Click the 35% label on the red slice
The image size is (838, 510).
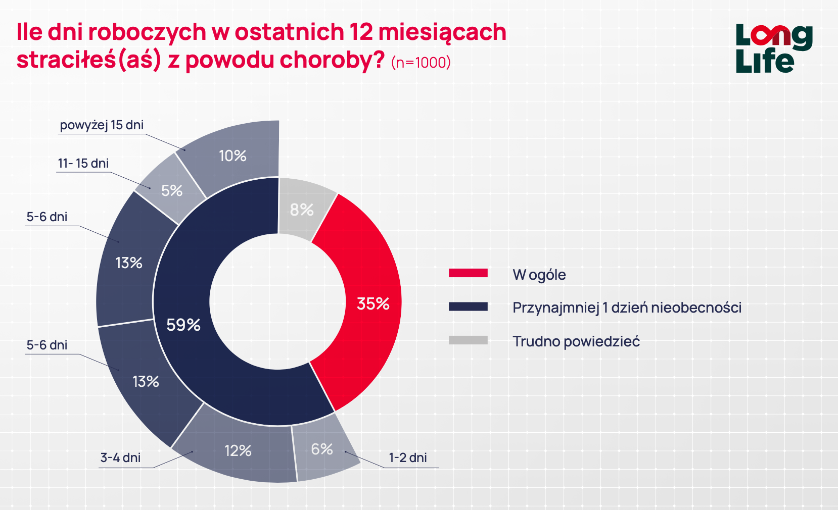coord(373,304)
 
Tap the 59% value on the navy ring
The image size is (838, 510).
coord(183,325)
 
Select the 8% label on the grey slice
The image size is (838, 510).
coord(302,210)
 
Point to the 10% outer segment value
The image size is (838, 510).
coord(232,156)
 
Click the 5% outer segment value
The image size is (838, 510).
coord(172,191)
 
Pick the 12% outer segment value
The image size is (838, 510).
coord(238,451)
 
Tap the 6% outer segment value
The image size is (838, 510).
coord(322,449)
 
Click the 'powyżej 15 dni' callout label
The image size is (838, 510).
coord(102,125)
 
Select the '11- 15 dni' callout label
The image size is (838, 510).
coord(83,163)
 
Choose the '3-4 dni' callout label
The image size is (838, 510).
coord(120,457)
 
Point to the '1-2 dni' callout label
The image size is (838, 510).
coord(408,457)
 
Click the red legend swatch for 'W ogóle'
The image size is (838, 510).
coord(468,273)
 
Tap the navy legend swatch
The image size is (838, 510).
coord(468,307)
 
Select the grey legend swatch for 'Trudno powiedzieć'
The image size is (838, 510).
coord(468,340)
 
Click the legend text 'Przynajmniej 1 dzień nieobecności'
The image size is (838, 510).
coord(627,308)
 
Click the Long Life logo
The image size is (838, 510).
coord(774,48)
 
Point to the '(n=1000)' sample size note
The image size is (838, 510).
coord(421,63)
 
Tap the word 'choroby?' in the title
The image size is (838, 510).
coord(332,60)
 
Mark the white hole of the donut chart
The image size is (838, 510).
coord(278,301)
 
